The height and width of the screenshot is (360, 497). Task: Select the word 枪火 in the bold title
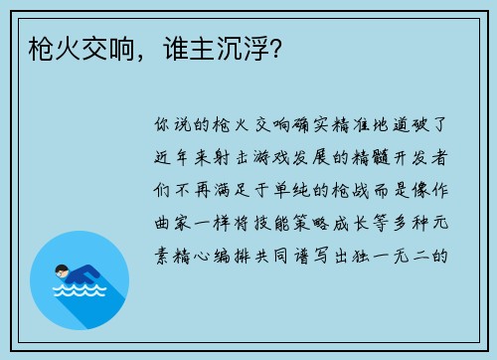pyautogui.click(x=45, y=47)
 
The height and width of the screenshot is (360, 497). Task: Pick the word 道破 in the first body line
pyautogui.click(x=418, y=127)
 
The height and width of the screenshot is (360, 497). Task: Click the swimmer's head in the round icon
pyautogui.click(x=62, y=270)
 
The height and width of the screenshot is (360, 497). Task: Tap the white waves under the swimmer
pyautogui.click(x=80, y=293)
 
